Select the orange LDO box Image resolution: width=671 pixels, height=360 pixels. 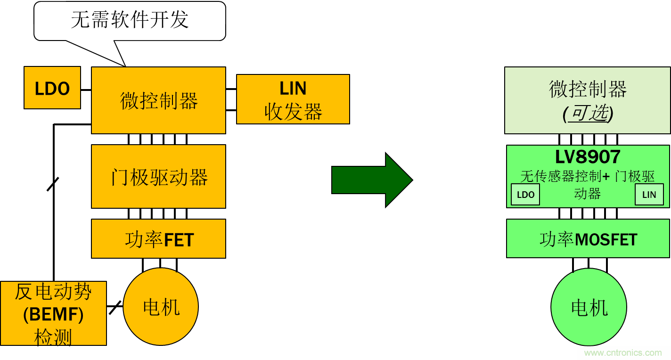point(52,88)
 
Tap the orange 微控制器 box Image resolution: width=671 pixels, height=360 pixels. point(158,100)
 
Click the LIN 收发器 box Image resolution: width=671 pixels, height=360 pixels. point(293,99)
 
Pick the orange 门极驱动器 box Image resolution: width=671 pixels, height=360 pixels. point(158,177)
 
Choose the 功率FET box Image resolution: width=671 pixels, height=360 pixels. point(158,239)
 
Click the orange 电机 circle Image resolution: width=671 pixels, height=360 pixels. point(161,307)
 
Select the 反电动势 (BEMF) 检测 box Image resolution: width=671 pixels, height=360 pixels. point(53,313)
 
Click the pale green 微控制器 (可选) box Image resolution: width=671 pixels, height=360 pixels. point(587,100)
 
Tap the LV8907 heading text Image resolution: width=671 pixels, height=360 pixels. point(588,157)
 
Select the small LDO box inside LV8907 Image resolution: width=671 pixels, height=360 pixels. point(525,195)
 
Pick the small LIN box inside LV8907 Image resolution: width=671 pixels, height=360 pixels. point(649,195)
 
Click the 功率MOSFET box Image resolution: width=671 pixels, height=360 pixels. point(588,239)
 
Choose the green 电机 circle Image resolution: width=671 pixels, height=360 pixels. point(589,307)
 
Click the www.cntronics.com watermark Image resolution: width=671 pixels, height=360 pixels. point(622,352)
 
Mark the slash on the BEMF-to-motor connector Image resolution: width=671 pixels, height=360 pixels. point(115,307)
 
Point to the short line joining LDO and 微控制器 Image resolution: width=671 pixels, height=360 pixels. point(86,90)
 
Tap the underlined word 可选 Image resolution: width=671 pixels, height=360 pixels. point(588,113)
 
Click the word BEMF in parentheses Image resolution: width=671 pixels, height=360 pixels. point(53,315)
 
